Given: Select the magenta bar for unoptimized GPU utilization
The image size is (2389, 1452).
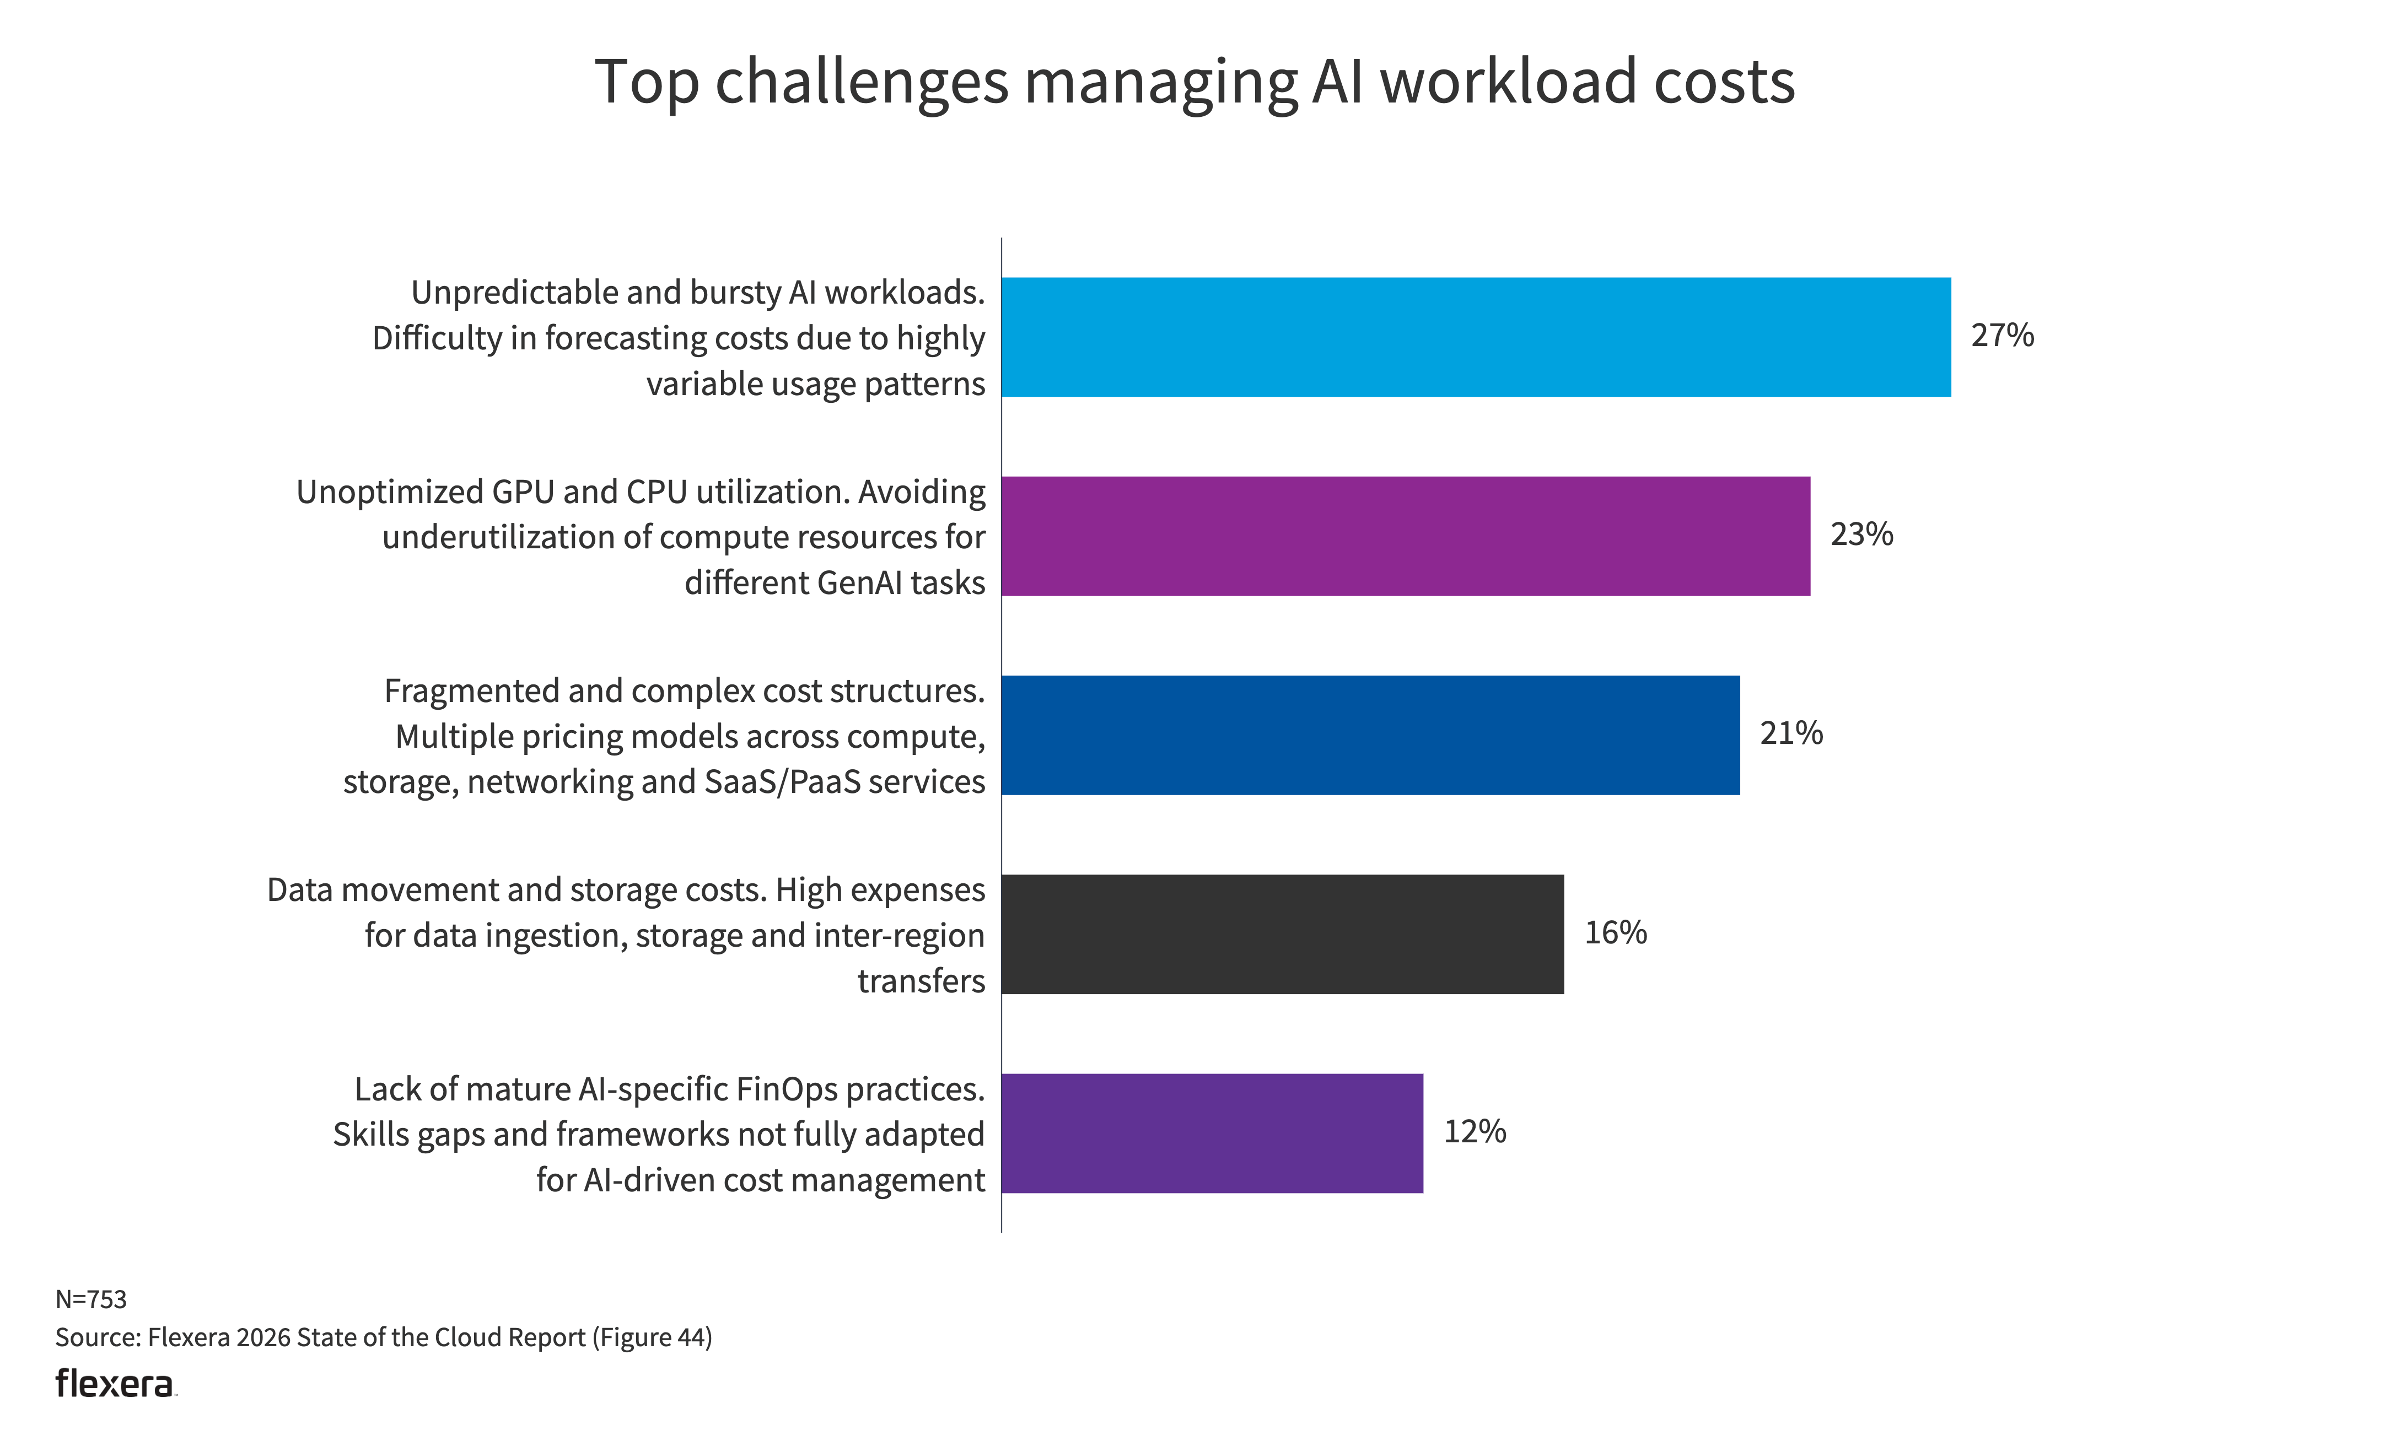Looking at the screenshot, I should (x=1405, y=536).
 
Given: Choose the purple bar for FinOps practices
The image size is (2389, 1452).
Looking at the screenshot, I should (x=1212, y=1133).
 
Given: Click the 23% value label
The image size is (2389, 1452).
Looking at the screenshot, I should (x=1860, y=534).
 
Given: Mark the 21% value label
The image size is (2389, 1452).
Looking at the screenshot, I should (x=1791, y=733).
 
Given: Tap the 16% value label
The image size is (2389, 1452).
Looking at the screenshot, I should (x=1615, y=932).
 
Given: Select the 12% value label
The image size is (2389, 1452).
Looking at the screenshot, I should (x=1475, y=1131).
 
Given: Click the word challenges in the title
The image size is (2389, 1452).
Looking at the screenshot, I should (x=862, y=83).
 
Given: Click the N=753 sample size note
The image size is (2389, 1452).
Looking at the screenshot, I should (x=91, y=1299).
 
